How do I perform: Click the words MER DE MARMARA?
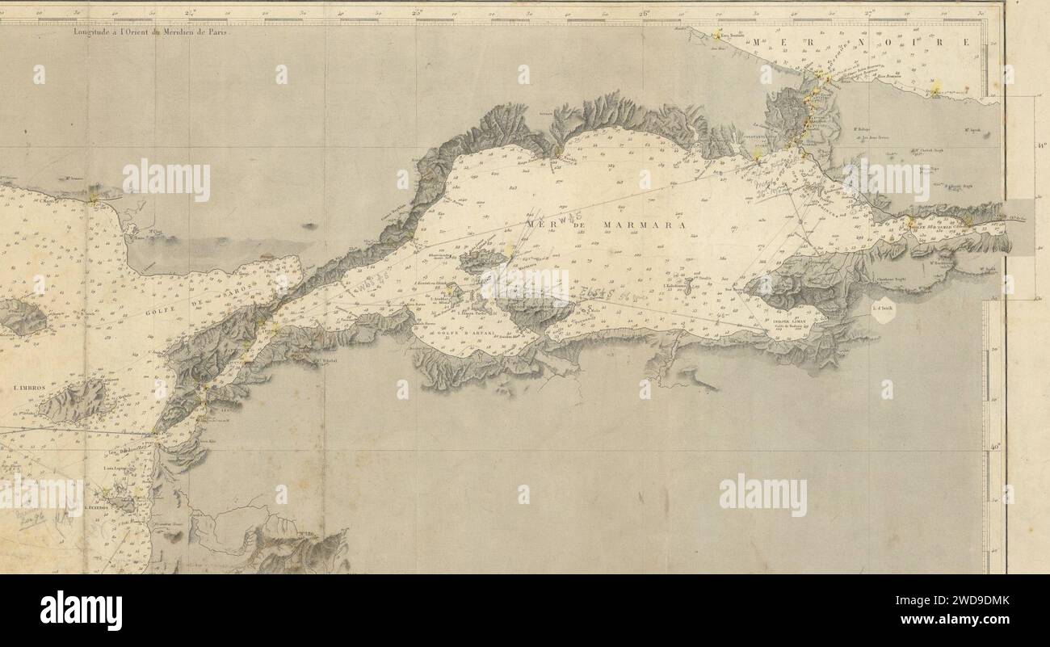[605, 225]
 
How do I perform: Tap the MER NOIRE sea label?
[856, 41]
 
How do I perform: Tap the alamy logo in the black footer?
[81, 610]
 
